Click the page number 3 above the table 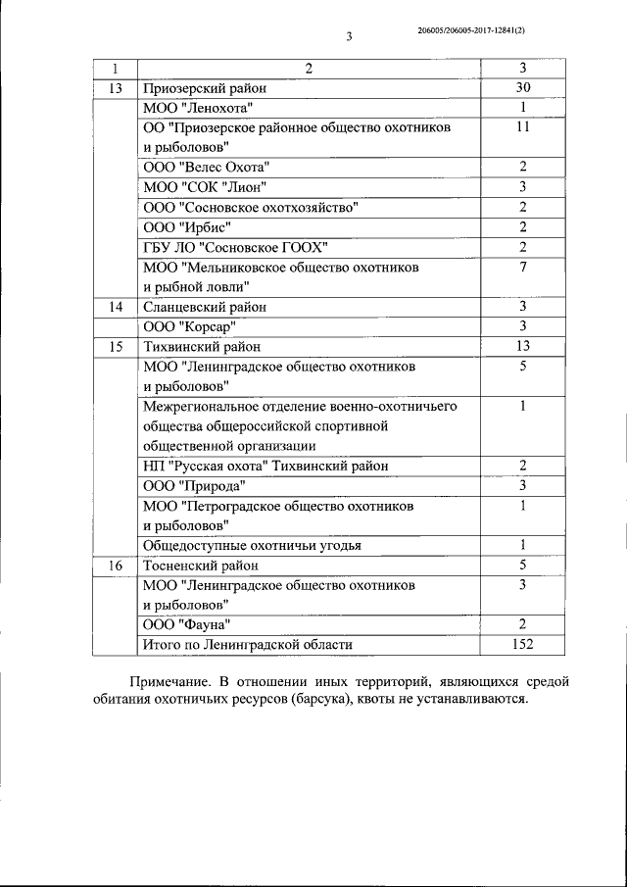coord(348,38)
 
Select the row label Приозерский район coord(204,88)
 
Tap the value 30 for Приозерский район coord(523,88)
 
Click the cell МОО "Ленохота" coord(198,108)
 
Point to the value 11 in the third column coord(523,127)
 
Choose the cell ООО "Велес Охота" coord(206,168)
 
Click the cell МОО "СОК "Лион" coord(204,187)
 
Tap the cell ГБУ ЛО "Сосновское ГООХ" coord(234,246)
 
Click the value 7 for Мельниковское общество coord(523,267)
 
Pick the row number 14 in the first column coord(116,307)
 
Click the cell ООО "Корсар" coord(190,326)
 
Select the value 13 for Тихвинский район coord(523,347)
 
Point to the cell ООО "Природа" coord(194,486)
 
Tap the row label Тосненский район coord(201,566)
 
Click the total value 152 coord(523,644)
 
